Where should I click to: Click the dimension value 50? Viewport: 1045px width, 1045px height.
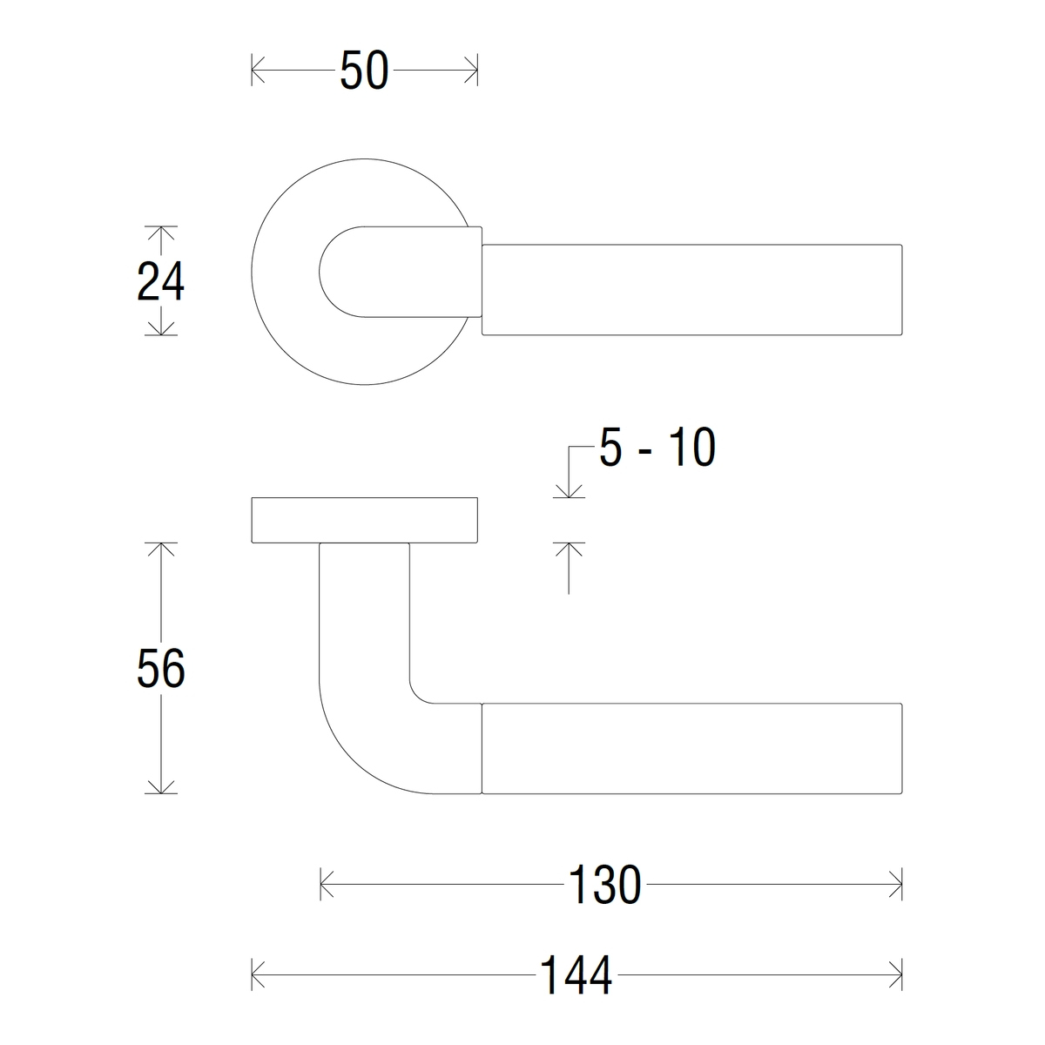tap(364, 71)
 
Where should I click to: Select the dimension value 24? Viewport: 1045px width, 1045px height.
tap(161, 282)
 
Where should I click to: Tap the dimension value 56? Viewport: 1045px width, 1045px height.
tap(161, 669)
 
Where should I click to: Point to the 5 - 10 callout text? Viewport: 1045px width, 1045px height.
tap(657, 449)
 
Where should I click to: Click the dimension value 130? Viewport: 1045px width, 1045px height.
tap(604, 886)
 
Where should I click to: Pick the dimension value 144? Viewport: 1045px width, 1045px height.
tap(576, 975)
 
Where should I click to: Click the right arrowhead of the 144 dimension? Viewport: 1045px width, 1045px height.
tap(895, 975)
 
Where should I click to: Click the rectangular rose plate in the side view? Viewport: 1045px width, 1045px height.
tap(364, 521)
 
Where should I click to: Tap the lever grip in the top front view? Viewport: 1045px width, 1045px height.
tap(691, 290)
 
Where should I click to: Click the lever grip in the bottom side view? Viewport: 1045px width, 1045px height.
tap(691, 749)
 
